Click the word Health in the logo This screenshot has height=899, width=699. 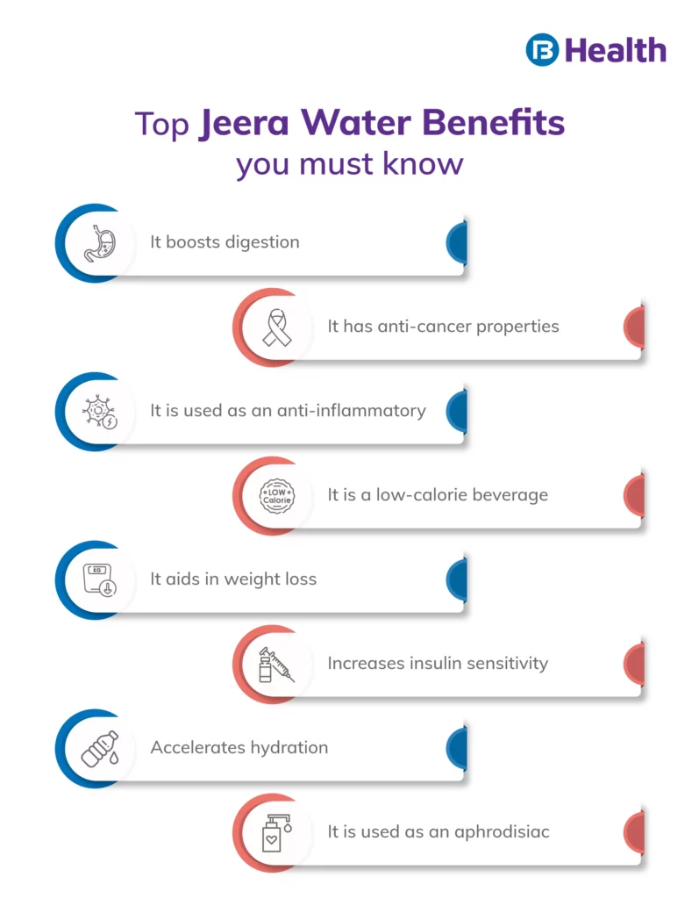[x=616, y=50]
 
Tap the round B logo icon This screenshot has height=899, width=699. [x=543, y=50]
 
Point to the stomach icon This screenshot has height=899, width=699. [x=99, y=243]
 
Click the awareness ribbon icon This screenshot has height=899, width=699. [x=277, y=327]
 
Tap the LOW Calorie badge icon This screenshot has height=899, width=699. [x=277, y=496]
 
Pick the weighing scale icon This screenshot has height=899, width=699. [x=99, y=580]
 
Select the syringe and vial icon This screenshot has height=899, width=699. [x=277, y=665]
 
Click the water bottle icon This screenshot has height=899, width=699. [x=99, y=749]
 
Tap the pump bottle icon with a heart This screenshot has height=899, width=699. [x=277, y=833]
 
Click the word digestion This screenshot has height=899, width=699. [x=262, y=242]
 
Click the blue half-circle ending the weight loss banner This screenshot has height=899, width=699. [x=457, y=579]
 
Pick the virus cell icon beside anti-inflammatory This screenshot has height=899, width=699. [x=99, y=412]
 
